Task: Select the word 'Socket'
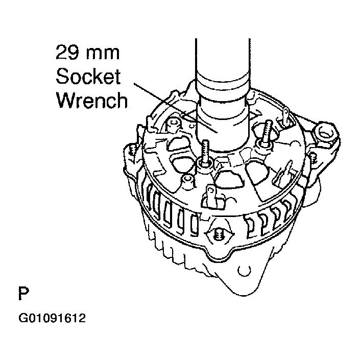(x=88, y=77)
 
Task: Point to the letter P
(x=23, y=295)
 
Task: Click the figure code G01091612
(x=52, y=320)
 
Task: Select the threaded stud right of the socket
(x=267, y=131)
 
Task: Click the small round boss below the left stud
(x=187, y=180)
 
